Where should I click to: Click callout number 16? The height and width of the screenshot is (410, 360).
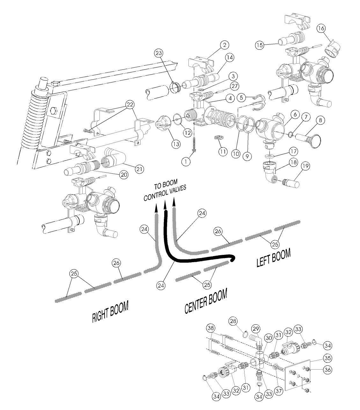point(321,28)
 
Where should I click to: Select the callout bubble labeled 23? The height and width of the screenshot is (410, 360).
point(158,53)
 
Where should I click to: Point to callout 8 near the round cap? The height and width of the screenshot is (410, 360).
point(320,120)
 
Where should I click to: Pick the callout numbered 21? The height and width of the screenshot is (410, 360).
point(139,169)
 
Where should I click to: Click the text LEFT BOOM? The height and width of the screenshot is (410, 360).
point(274,257)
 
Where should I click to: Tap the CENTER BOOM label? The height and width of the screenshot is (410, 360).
point(206,301)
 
